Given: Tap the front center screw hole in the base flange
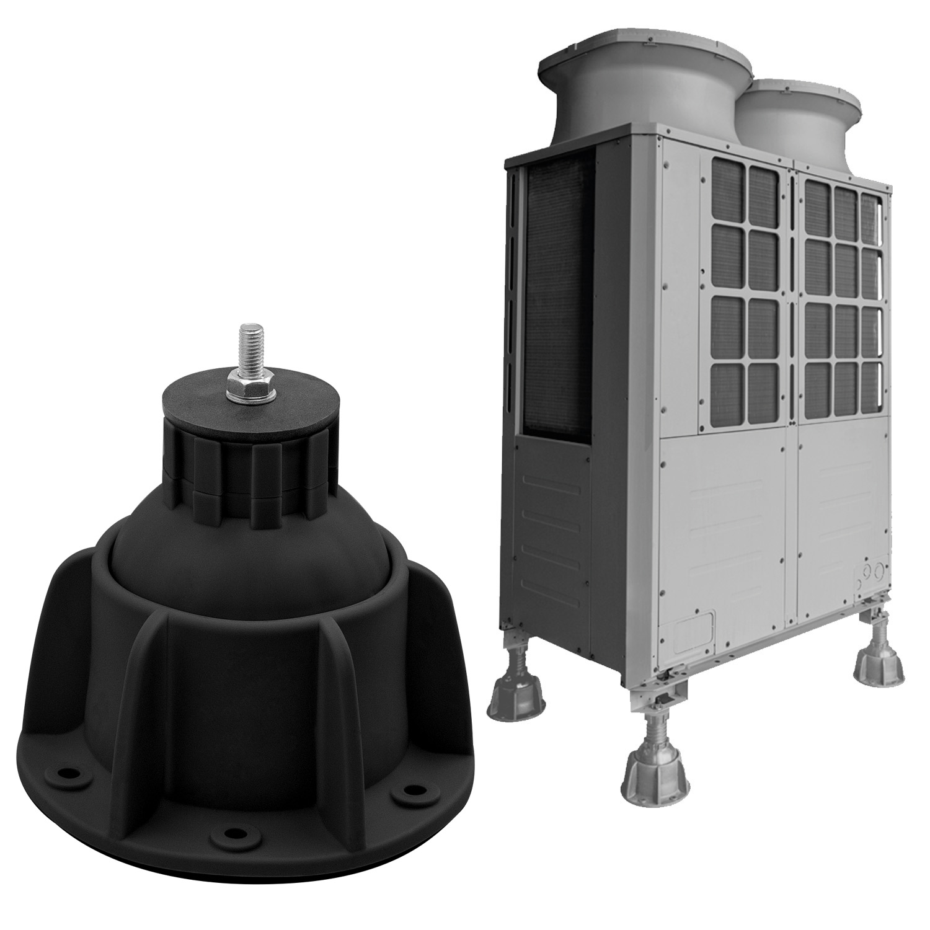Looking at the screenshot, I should tap(233, 833).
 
